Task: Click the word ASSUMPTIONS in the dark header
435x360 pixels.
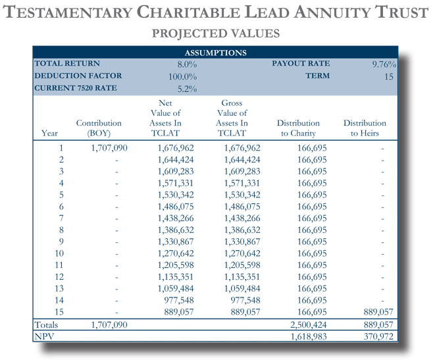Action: [x=216, y=53]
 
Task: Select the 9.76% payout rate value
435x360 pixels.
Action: [x=384, y=64]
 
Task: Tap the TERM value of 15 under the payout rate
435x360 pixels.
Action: [x=389, y=76]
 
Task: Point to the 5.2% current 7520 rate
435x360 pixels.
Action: [x=187, y=89]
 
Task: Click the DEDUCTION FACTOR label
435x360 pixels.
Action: [x=78, y=76]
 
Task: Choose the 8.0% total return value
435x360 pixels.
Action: [x=187, y=64]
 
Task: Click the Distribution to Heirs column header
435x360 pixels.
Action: [x=365, y=128]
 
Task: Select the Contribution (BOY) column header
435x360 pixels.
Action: [x=99, y=128]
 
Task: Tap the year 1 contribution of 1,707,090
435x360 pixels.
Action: [x=109, y=148]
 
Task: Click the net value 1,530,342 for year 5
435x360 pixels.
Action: [x=176, y=195]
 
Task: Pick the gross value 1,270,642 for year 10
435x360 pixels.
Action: [x=242, y=253]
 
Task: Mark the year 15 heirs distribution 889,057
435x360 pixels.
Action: [x=378, y=312]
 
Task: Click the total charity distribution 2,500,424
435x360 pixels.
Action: [x=309, y=324]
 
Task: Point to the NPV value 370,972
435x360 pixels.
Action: [x=378, y=336]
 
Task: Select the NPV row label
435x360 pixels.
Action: [x=44, y=336]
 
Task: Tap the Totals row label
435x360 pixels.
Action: [x=46, y=324]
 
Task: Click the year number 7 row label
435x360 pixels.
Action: [x=61, y=219]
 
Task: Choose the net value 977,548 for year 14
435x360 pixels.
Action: [x=179, y=300]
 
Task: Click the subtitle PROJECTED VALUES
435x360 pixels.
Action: [x=216, y=34]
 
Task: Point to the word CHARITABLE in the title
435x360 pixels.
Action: [x=188, y=13]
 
